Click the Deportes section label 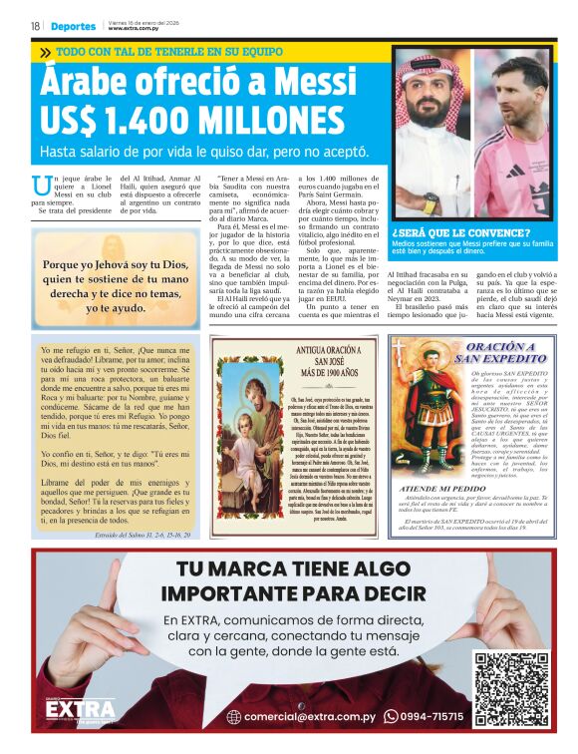coord(75,26)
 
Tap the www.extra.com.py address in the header coord(136,29)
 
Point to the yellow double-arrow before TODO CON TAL coord(46,50)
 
